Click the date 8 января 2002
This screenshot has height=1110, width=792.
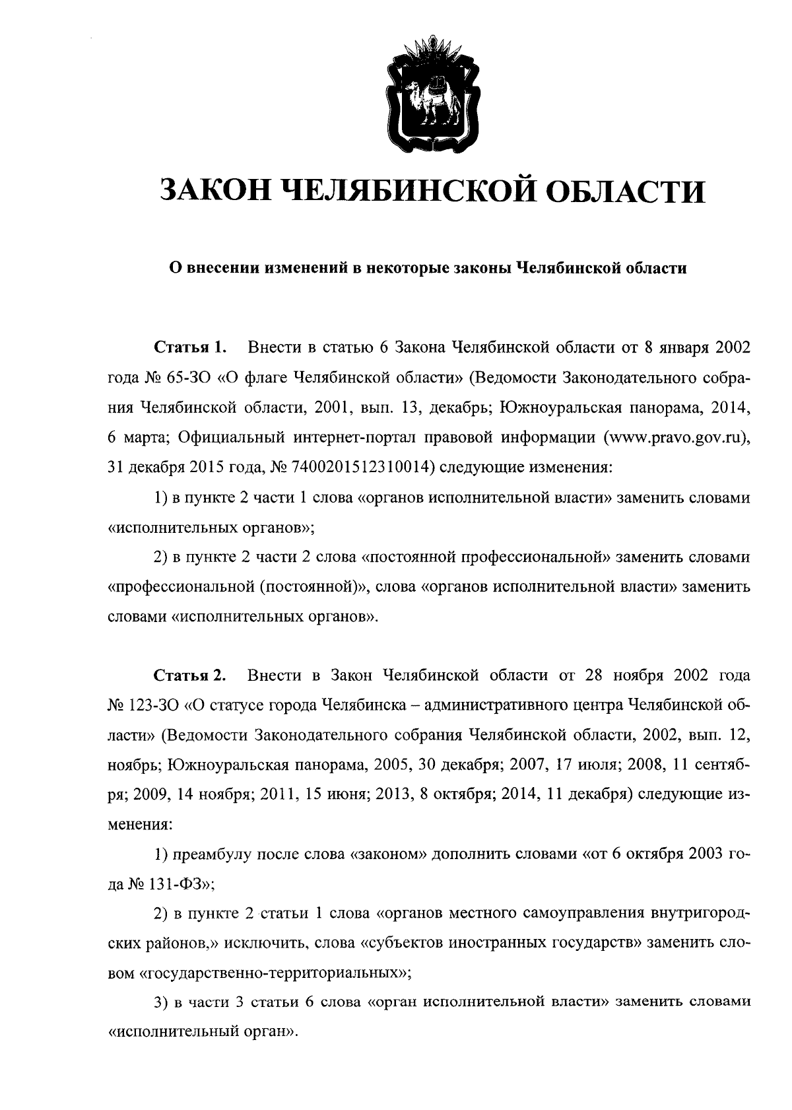pyautogui.click(x=692, y=347)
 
